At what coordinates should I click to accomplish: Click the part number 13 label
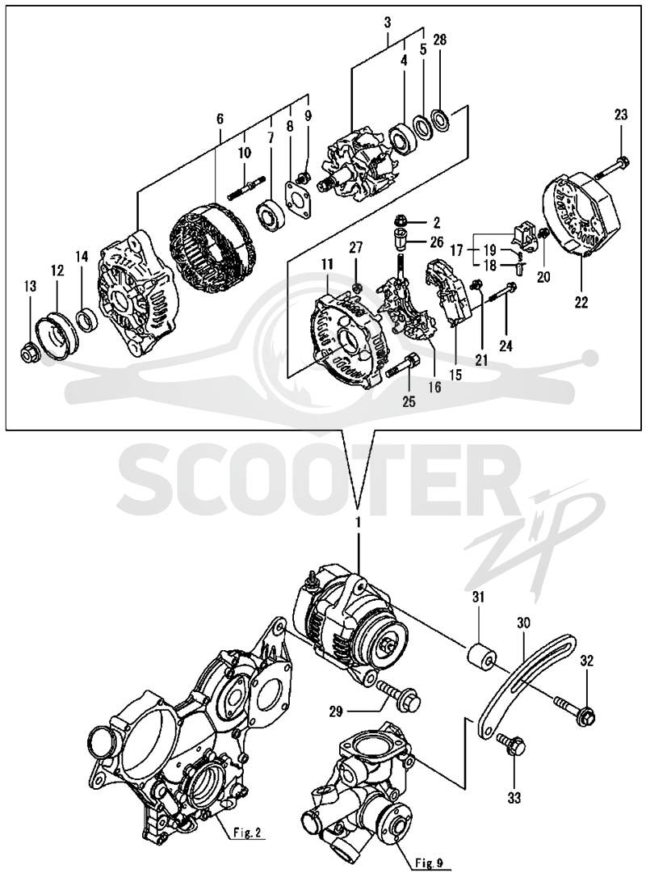[x=30, y=287]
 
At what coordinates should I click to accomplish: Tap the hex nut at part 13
[x=29, y=354]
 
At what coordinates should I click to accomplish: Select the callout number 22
[x=581, y=303]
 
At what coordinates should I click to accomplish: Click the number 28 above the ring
[x=439, y=40]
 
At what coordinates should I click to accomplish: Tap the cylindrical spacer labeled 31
[x=480, y=654]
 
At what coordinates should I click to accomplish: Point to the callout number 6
[x=220, y=120]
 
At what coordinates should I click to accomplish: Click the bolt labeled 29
[x=396, y=694]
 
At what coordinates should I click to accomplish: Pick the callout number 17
[x=457, y=250]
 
